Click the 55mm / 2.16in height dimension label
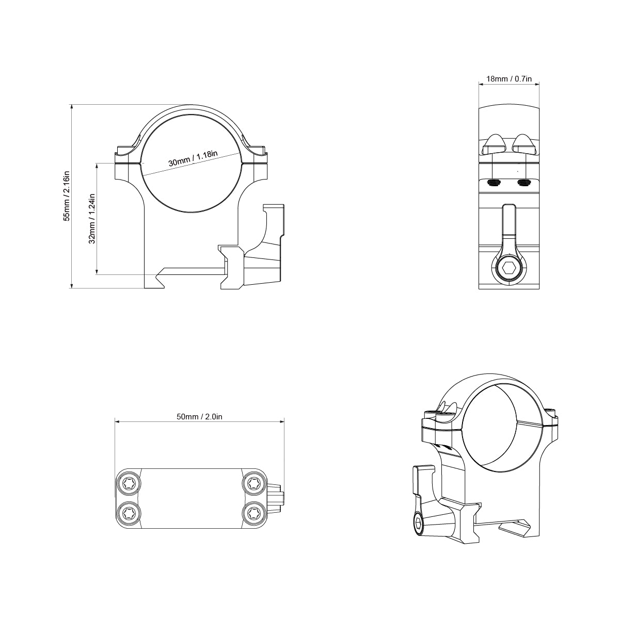pyautogui.click(x=66, y=196)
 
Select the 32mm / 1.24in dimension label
pyautogui.click(x=92, y=218)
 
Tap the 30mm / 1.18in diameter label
pyautogui.click(x=193, y=158)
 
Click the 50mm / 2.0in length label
pyautogui.click(x=199, y=417)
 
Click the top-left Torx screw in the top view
pyautogui.click(x=127, y=483)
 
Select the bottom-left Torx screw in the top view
pyautogui.click(x=127, y=513)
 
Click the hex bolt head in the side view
pyautogui.click(x=508, y=269)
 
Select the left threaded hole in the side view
pyautogui.click(x=494, y=183)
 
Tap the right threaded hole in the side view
pyautogui.click(x=524, y=183)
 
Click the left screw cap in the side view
pyautogui.click(x=494, y=144)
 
